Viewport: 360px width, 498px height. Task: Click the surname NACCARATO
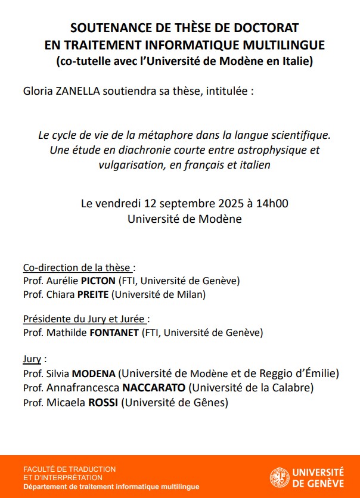[x=154, y=388]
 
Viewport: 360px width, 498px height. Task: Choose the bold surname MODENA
[x=94, y=374]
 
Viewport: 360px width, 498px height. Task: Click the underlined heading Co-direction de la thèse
[x=77, y=267]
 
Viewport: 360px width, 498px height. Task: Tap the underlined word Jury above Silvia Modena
[x=32, y=359]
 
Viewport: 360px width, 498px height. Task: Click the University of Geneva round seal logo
[x=280, y=477]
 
